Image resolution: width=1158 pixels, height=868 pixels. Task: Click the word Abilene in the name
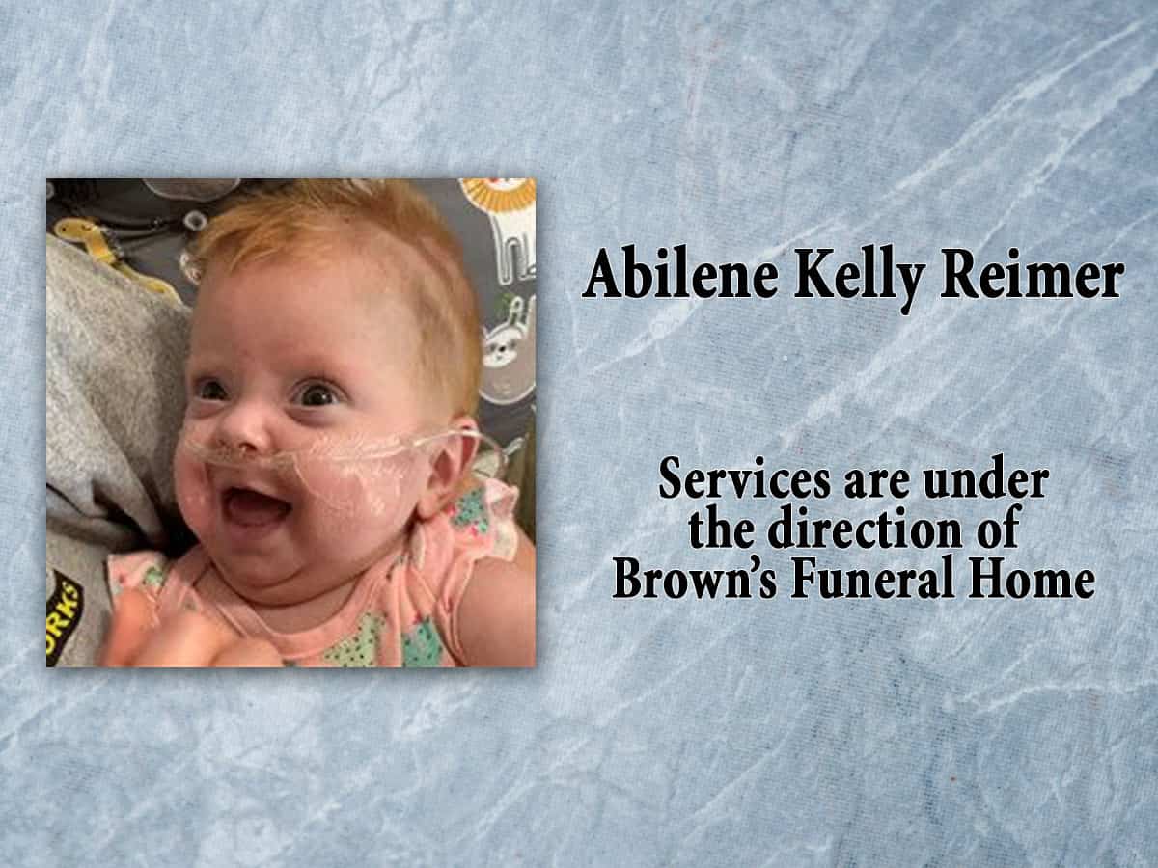(665, 276)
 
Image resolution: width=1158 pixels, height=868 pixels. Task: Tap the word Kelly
(839, 278)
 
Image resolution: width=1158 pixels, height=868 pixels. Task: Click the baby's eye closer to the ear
(319, 393)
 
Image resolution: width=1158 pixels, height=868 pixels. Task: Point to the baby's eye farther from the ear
(210, 390)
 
